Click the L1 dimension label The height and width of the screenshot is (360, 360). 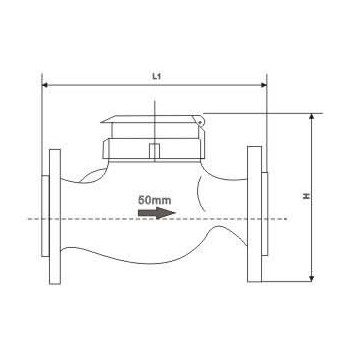[x=157, y=76]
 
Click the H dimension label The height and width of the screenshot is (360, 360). [x=306, y=196]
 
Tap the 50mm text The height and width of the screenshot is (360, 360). [x=155, y=200]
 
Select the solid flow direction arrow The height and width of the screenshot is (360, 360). [x=157, y=213]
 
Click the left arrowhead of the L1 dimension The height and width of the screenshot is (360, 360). [x=45, y=85]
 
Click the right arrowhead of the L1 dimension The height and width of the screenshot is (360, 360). [x=264, y=85]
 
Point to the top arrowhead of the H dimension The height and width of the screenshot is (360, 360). [x=312, y=116]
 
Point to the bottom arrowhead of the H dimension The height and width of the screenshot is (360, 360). [x=312, y=278]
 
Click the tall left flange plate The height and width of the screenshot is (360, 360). [x=55, y=217]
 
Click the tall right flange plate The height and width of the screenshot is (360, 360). [x=254, y=214]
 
